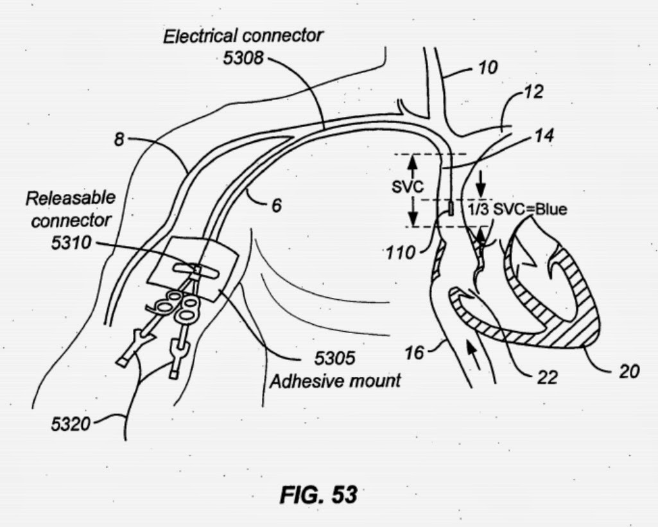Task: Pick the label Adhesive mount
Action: pos(334,380)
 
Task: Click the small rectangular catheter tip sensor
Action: pos(451,209)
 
